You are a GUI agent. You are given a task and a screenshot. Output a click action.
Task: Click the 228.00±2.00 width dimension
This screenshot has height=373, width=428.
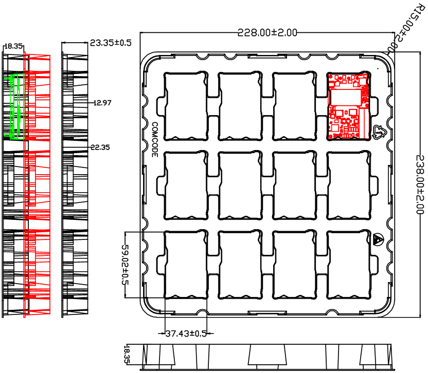267,33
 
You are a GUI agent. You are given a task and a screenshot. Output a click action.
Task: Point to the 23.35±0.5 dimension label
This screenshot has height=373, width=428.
111,43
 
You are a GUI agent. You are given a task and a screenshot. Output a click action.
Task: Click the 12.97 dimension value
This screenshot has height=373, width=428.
103,103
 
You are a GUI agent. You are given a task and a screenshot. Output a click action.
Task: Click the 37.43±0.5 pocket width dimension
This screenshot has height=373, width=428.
186,333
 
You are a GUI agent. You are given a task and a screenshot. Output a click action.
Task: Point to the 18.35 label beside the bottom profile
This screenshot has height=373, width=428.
127,355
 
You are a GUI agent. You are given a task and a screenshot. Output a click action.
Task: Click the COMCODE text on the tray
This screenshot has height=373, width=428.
155,139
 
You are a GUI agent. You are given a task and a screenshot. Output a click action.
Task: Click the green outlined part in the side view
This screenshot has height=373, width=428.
16,106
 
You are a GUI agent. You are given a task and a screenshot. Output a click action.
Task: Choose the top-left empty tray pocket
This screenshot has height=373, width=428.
186,106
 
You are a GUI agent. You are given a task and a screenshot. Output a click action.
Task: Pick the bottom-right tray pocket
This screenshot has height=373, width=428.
349,265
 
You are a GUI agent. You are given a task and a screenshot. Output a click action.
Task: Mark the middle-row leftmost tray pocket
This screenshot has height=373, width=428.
186,185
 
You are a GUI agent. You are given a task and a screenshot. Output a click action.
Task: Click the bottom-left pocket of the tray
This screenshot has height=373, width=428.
186,265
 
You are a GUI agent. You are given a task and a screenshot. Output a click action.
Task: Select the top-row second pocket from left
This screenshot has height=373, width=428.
240,106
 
